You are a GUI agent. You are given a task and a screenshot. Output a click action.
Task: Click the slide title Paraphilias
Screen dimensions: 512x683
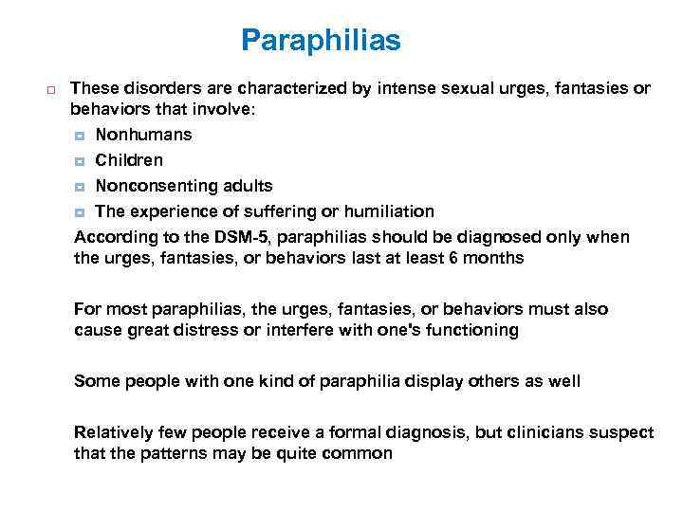tap(321, 41)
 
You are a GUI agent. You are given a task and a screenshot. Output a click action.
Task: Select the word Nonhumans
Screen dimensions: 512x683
tap(143, 135)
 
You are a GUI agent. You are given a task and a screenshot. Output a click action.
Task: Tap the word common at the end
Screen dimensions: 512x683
tap(360, 453)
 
